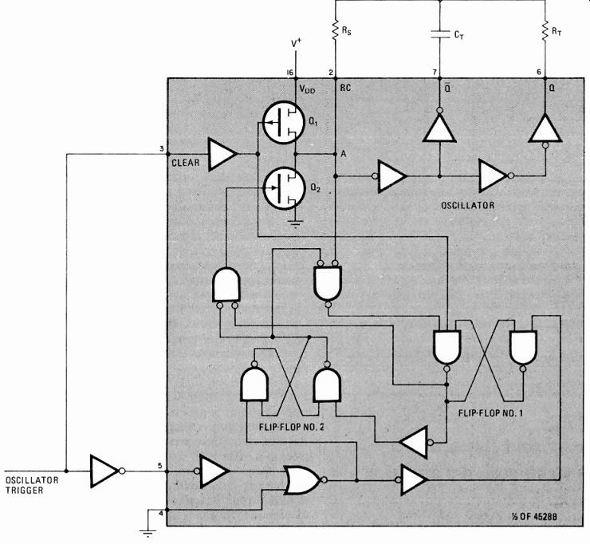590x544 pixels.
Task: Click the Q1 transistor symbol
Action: pos(283,122)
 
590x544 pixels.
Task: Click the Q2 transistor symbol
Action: pos(283,188)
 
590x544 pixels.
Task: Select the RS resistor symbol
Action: pos(335,30)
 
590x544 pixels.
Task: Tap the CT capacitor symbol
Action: pos(439,34)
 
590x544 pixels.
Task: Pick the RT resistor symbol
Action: pos(545,31)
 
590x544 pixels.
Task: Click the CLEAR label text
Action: pos(186,163)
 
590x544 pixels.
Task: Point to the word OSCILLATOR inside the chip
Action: pos(468,205)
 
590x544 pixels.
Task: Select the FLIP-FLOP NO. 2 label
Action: pos(292,427)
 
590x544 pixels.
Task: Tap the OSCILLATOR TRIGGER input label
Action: pos(32,485)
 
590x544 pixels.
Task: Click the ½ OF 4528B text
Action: pos(534,517)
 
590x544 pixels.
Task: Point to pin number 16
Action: pos(289,73)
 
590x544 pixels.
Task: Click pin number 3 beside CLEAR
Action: pos(162,148)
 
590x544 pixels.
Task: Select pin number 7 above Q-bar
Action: pos(435,72)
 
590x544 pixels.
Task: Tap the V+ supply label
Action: pos(297,43)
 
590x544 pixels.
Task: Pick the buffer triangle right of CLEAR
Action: pos(222,154)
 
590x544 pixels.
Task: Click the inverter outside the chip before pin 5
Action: pos(108,471)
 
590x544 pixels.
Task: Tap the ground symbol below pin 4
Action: pos(147,533)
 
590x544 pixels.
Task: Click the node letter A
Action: pos(343,154)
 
